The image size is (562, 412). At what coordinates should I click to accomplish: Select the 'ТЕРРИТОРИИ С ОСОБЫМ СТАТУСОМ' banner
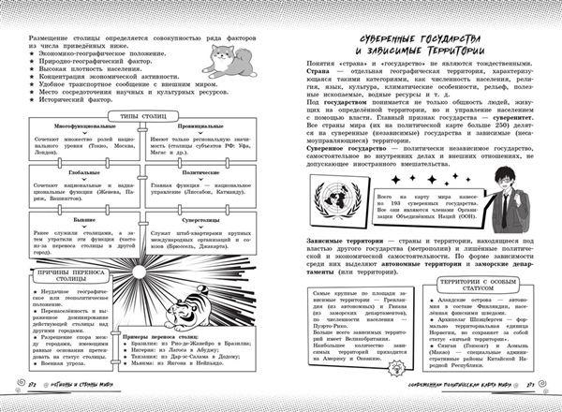point(481,285)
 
